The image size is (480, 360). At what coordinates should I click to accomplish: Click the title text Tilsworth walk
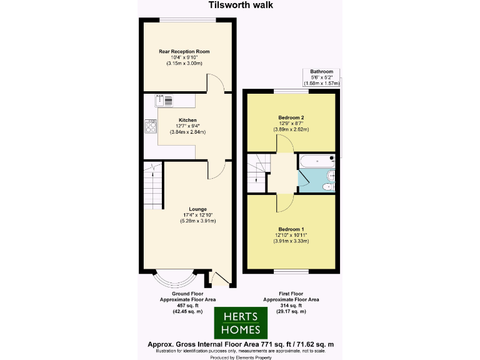(240, 6)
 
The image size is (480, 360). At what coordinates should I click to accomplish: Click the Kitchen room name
(187, 120)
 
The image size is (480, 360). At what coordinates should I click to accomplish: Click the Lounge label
(198, 209)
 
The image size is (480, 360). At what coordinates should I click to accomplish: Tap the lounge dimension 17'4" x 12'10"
(198, 215)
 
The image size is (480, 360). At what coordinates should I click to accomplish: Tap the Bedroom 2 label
(291, 117)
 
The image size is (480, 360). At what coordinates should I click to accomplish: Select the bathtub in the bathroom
(317, 161)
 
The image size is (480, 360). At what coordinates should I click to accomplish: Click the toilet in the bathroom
(329, 186)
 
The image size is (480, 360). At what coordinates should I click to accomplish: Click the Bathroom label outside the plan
(321, 72)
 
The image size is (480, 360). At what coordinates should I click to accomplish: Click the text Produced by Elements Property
(240, 357)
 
